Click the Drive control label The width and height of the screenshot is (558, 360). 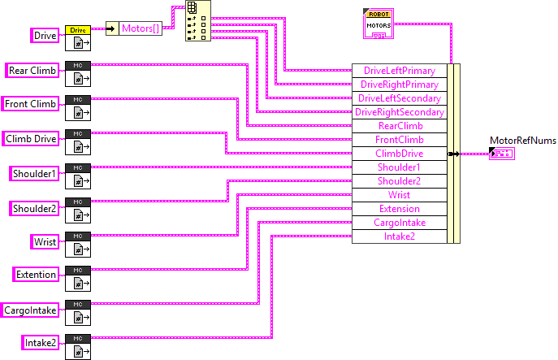[x=45, y=36]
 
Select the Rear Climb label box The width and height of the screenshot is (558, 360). [x=32, y=70]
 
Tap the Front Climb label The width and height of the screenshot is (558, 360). [x=31, y=104]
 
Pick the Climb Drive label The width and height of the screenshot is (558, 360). [x=31, y=138]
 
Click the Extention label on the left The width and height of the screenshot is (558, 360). [x=37, y=275]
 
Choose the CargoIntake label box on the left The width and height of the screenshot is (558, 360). [x=30, y=309]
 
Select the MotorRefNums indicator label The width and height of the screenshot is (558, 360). [x=522, y=141]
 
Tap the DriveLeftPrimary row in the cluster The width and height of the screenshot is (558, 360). [x=399, y=71]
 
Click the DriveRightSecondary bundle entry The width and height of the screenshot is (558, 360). [x=399, y=112]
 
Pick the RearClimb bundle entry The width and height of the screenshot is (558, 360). [x=399, y=126]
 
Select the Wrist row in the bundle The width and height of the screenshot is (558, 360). [x=399, y=195]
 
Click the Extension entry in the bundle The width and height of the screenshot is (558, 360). [x=399, y=209]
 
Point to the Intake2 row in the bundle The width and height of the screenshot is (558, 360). [x=399, y=236]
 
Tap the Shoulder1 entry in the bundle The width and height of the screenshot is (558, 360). [x=399, y=167]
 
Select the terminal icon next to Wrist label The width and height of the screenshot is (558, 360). [x=78, y=243]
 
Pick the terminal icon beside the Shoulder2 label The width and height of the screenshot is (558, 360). [x=78, y=209]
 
